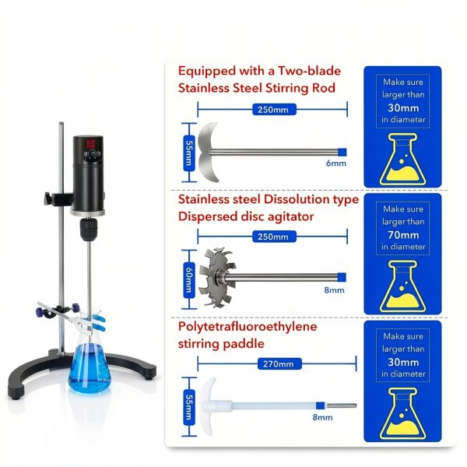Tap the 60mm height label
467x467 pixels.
click(189, 280)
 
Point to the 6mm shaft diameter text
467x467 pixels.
click(336, 163)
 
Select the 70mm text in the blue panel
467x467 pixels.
click(403, 235)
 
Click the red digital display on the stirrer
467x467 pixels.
click(91, 144)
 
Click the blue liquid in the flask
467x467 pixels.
click(90, 368)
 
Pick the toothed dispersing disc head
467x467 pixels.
click(217, 277)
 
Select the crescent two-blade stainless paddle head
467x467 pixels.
click(209, 152)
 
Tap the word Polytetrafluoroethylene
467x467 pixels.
click(248, 327)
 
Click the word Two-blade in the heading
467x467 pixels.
click(309, 71)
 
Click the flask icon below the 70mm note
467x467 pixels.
click(402, 286)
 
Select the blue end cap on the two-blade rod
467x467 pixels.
click(342, 153)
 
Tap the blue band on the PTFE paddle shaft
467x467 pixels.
click(320, 406)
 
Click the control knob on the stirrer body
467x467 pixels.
click(93, 153)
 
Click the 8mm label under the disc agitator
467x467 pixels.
click(334, 290)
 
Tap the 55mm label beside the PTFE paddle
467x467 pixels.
click(189, 407)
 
